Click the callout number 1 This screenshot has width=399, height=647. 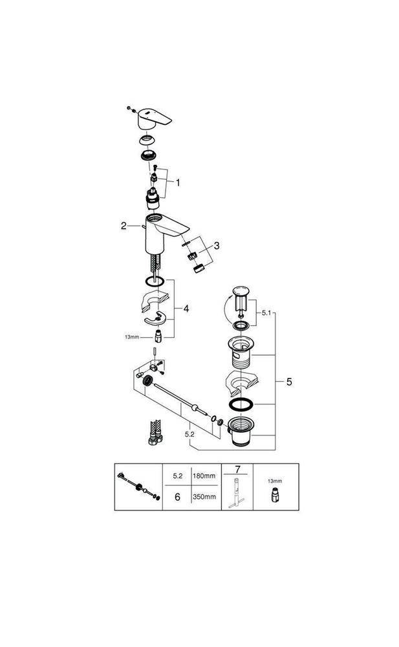tap(178, 182)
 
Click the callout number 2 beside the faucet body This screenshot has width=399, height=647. tap(123, 226)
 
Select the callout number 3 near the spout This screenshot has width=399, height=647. tap(217, 245)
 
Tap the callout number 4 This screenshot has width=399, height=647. tap(186, 309)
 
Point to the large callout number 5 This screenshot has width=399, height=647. tap(289, 382)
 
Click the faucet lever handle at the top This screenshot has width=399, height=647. tap(157, 117)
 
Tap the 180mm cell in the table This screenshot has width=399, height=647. tap(205, 476)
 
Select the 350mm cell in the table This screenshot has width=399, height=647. tap(205, 497)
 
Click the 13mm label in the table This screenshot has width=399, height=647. tap(275, 482)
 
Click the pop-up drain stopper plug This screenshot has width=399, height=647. tap(241, 295)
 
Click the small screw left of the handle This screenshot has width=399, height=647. tap(130, 107)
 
